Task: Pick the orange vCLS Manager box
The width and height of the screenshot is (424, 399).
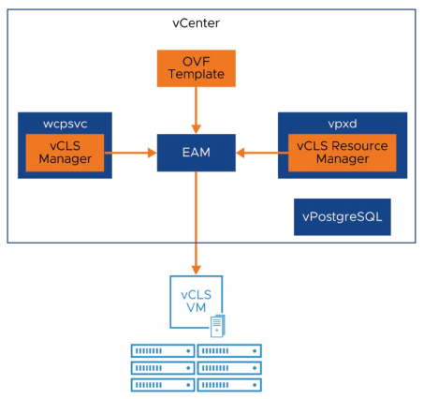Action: click(x=65, y=153)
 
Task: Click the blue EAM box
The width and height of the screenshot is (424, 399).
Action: click(x=196, y=151)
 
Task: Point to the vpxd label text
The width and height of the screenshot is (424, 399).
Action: click(x=342, y=122)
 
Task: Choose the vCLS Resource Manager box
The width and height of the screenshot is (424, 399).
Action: click(x=342, y=153)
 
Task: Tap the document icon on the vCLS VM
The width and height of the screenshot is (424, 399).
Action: click(x=218, y=325)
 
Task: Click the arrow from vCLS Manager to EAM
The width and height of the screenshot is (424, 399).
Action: click(x=131, y=152)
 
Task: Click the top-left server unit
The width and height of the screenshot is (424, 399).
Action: click(x=163, y=350)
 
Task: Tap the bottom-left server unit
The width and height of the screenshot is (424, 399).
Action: click(x=163, y=384)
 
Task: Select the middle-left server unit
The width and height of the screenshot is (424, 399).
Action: click(x=163, y=367)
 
